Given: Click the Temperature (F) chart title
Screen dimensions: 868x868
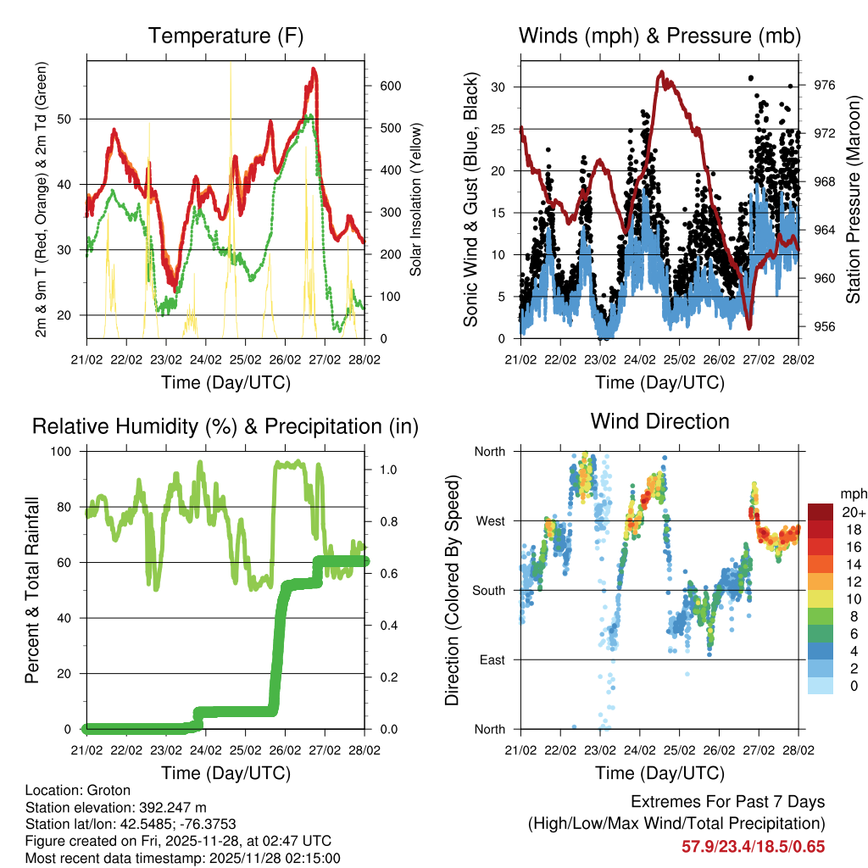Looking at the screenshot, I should coord(225,36).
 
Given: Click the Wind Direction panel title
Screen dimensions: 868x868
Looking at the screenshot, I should coord(659,421).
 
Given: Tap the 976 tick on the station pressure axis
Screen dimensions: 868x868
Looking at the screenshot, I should coord(825,85).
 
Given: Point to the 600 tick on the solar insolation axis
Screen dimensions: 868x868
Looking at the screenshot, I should coord(389,86).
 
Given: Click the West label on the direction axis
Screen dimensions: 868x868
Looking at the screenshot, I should coord(489,521).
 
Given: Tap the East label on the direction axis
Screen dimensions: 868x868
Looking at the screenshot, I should coord(490,659).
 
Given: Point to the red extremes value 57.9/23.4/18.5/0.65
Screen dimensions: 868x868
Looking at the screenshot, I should coord(753,847).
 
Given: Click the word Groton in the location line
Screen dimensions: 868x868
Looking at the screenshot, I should coord(97,790).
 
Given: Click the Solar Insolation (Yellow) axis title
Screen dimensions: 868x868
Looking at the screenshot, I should coord(415,199).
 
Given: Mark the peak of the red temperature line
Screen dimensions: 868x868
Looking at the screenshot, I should coord(314,70).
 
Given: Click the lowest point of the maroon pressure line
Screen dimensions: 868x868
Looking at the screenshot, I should coord(748,327).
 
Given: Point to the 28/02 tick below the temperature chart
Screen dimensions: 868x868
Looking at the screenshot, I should coord(364,359).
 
